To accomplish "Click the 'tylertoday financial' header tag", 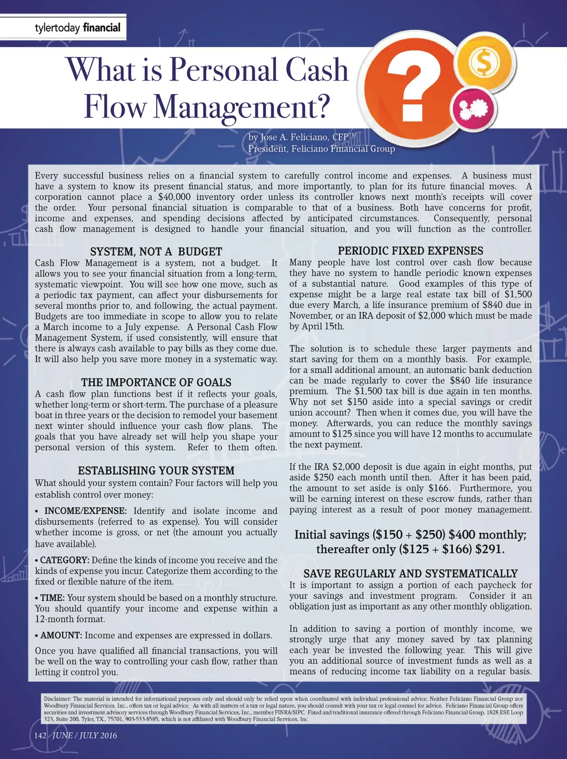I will (x=77, y=27).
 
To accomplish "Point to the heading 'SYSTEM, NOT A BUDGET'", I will (x=156, y=252).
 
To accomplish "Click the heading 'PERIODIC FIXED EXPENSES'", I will (x=410, y=251).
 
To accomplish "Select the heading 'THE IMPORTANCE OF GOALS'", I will (x=156, y=382).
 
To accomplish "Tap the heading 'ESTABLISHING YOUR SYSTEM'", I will (x=156, y=470).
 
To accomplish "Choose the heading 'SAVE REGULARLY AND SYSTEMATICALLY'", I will (x=410, y=573).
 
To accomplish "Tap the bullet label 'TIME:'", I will (x=53, y=598).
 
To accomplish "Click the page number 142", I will (x=40, y=735).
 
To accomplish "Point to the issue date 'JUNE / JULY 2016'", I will (x=85, y=735).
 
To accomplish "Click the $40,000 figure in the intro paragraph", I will (x=174, y=197).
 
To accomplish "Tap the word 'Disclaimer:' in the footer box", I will (x=57, y=699).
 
